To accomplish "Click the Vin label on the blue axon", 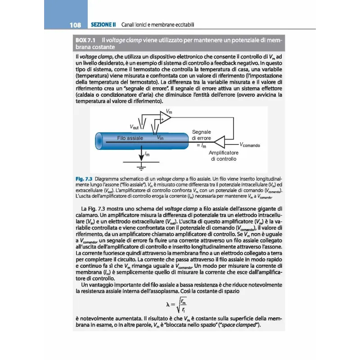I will [161, 138].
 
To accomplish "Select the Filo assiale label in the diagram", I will [130, 138].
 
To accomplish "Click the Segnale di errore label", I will [201, 135].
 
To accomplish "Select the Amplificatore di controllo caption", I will [223, 156].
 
